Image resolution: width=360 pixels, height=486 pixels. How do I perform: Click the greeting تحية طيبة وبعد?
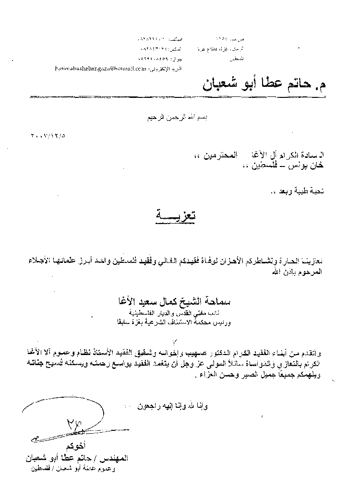(x=298, y=192)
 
